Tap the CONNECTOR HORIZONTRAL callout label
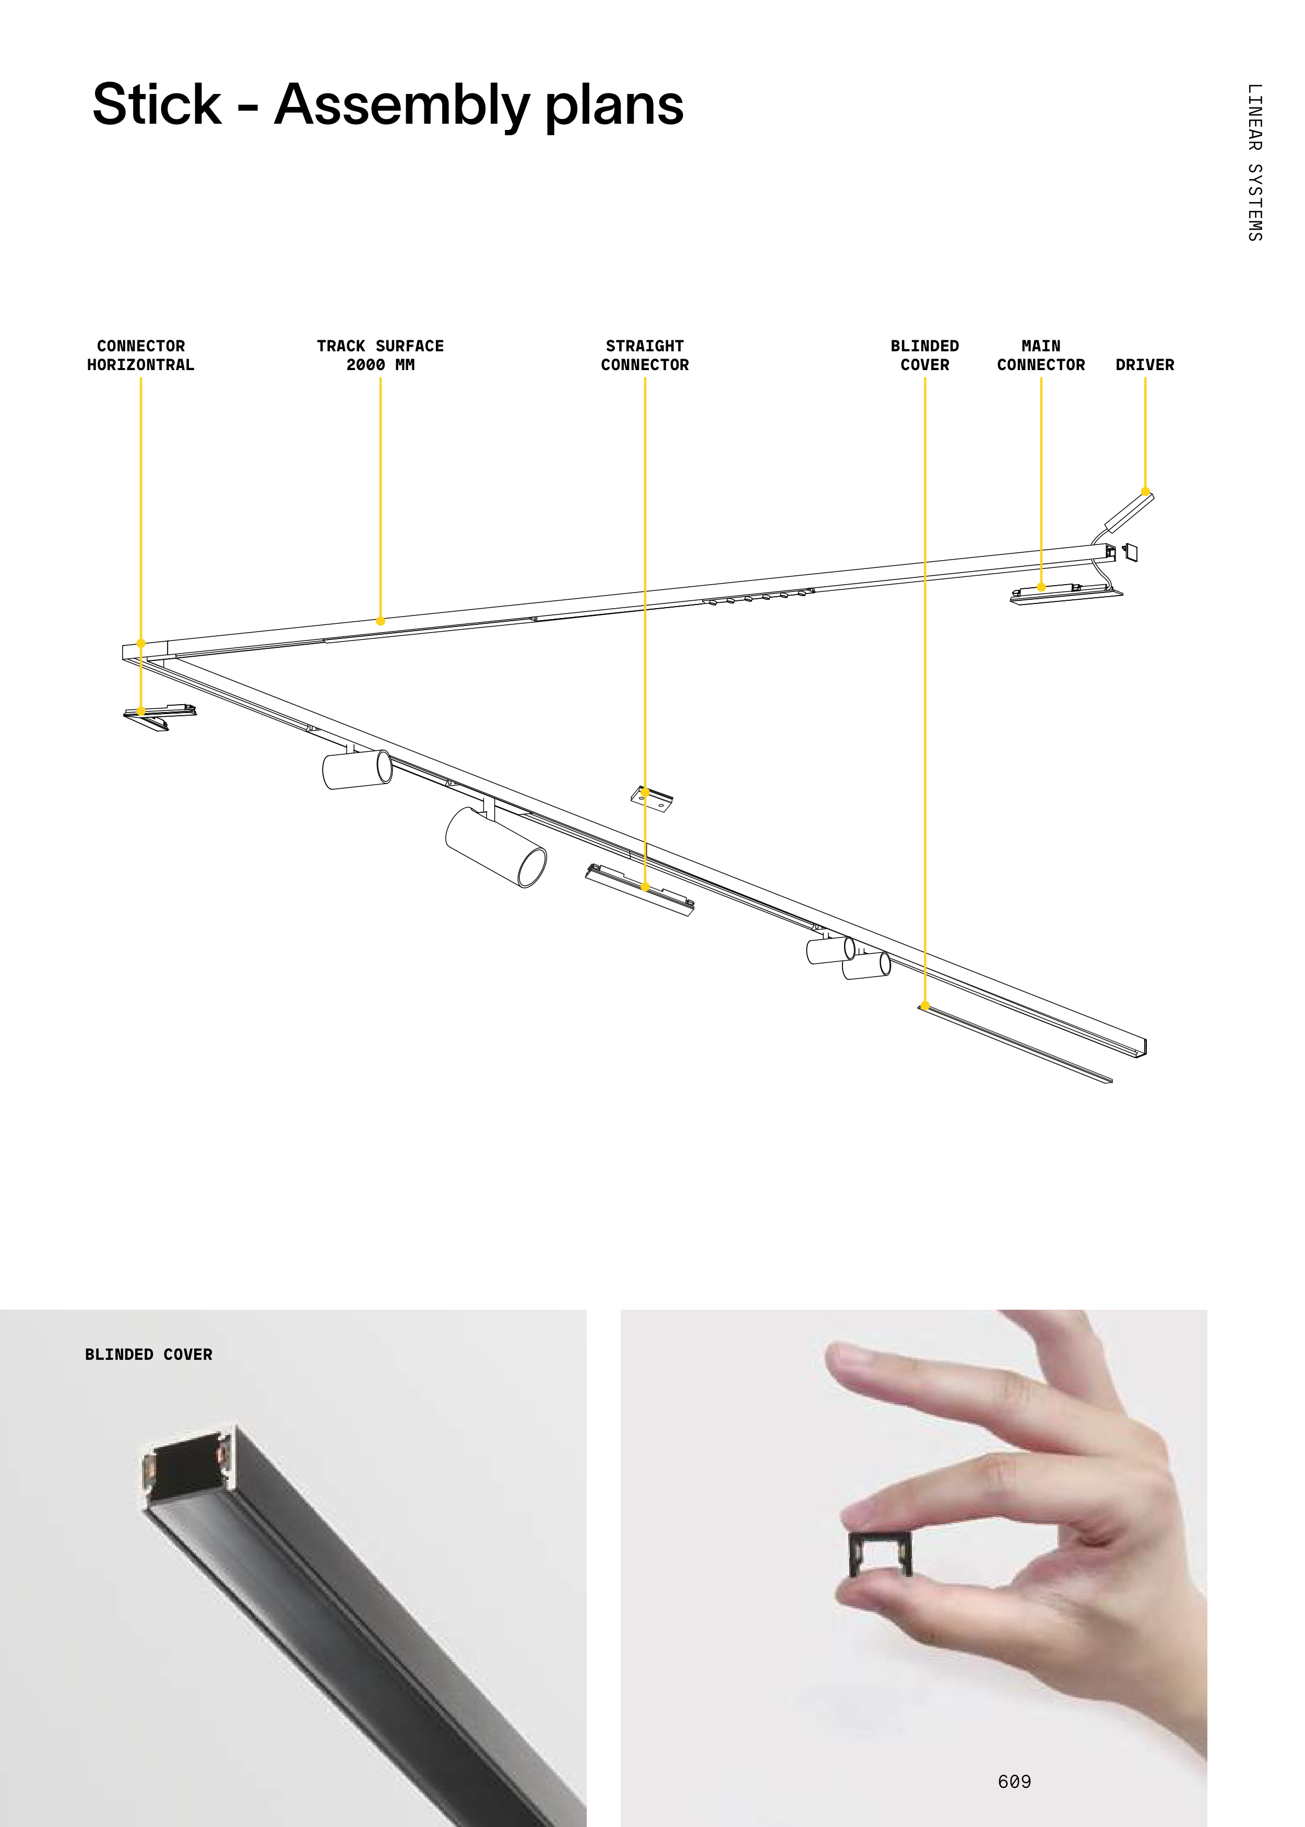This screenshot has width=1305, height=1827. (x=140, y=355)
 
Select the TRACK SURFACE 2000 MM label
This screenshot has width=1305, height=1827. (x=380, y=355)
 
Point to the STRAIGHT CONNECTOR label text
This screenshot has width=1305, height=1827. (x=645, y=355)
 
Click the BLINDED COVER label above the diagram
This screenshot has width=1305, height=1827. (x=925, y=355)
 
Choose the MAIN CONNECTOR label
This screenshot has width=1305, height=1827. (x=1041, y=355)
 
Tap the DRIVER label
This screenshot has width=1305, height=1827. (x=1145, y=365)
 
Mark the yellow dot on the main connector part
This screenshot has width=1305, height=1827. (x=1041, y=587)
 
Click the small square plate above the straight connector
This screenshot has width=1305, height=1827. (x=651, y=799)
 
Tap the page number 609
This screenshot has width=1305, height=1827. (x=1014, y=1781)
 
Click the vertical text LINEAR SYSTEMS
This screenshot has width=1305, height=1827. (x=1254, y=162)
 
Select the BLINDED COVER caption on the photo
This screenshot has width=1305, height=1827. (x=149, y=1354)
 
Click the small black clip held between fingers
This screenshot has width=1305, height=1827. (x=880, y=1553)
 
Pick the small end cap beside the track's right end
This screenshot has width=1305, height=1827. (x=1130, y=552)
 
